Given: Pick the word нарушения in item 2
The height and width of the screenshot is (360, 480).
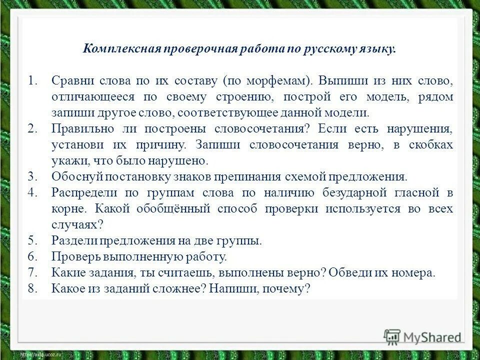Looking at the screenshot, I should tap(420, 129).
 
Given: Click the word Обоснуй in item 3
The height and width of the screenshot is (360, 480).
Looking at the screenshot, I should tap(73, 176).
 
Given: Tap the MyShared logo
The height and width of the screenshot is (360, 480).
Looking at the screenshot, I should tap(422, 337).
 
